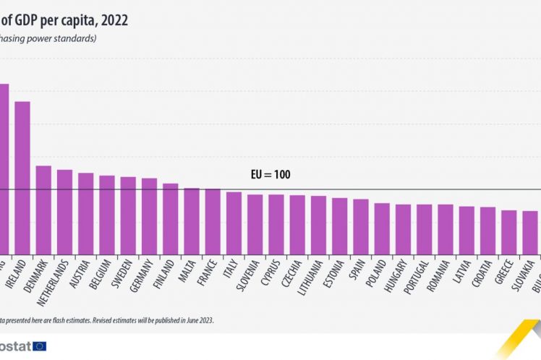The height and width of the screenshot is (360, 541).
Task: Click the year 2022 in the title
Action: [x=114, y=20]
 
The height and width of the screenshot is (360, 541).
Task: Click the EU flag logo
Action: [x=39, y=346]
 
